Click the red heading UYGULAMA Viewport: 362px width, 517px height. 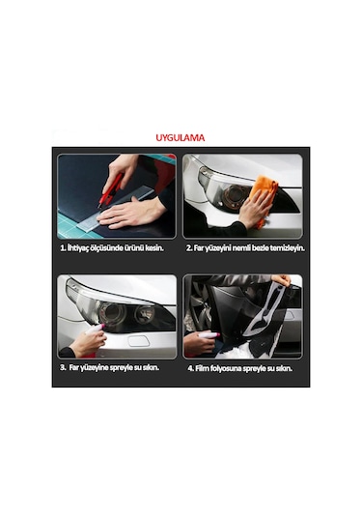click(x=181, y=137)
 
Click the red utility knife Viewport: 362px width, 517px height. click(x=110, y=190)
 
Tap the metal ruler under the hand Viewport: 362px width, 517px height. click(x=115, y=208)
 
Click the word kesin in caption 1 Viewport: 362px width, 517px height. click(x=154, y=248)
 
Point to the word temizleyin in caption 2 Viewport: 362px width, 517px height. click(x=288, y=248)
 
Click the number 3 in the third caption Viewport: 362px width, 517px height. click(x=63, y=367)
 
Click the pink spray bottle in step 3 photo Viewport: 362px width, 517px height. click(x=96, y=329)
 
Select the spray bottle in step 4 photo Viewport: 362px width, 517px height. click(x=209, y=335)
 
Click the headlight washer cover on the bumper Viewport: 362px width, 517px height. click(x=139, y=341)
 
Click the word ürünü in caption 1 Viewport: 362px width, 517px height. click(x=134, y=248)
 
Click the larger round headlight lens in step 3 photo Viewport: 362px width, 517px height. click(x=112, y=313)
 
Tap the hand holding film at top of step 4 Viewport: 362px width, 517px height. click(x=281, y=280)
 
